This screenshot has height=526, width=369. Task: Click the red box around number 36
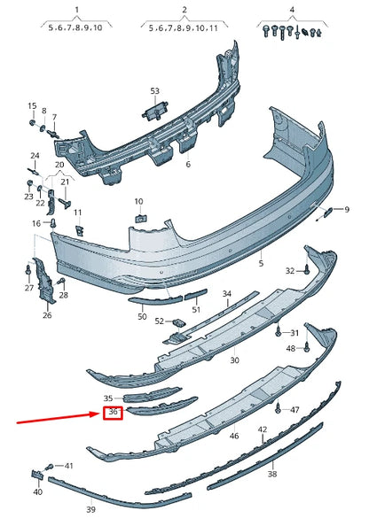(x=113, y=413)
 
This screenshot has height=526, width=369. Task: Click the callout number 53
(x=155, y=91)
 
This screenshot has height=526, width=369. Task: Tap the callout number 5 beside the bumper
(x=261, y=264)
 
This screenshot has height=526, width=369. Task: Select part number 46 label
(x=234, y=437)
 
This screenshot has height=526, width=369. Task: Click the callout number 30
(x=234, y=360)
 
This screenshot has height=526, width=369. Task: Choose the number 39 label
(x=90, y=510)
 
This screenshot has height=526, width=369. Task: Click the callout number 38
(x=272, y=475)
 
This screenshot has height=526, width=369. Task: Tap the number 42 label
(x=262, y=429)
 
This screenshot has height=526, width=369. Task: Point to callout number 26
(x=47, y=314)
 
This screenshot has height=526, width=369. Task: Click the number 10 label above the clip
(x=138, y=201)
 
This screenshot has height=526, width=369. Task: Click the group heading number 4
(x=292, y=10)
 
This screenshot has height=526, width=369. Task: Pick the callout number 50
(x=142, y=316)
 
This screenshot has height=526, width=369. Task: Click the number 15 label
(x=32, y=106)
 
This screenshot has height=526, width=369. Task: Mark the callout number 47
(x=295, y=410)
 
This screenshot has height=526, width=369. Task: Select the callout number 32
(x=289, y=270)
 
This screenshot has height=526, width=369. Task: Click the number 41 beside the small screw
(x=69, y=466)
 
